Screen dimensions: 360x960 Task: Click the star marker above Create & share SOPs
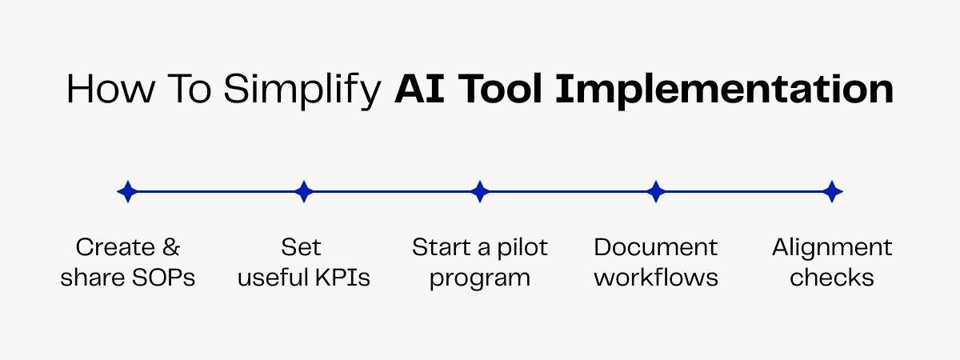point(127,192)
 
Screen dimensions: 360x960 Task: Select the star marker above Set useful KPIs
point(303,192)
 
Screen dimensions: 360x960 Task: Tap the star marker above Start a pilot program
point(480,192)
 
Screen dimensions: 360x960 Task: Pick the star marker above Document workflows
point(656,192)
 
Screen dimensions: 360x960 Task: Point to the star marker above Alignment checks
point(833,192)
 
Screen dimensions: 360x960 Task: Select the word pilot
point(524,247)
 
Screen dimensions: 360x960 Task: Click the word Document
point(656,247)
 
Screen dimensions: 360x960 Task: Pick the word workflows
point(656,278)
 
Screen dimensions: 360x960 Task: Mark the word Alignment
point(832,248)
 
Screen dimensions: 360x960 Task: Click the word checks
point(832,278)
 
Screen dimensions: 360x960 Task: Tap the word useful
point(268,278)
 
